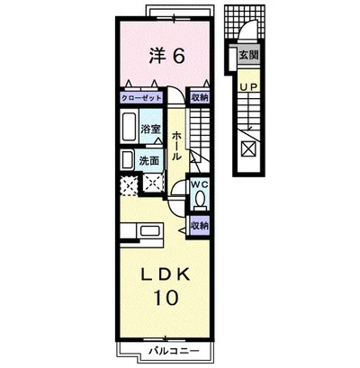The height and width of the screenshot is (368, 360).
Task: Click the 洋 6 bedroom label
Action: (x=166, y=56)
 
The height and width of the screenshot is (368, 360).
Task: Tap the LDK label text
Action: (x=166, y=274)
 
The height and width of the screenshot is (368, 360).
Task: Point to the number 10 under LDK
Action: (x=166, y=298)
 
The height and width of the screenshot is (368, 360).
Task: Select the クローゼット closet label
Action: (x=141, y=98)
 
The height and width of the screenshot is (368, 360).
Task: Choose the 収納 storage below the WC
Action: (x=200, y=226)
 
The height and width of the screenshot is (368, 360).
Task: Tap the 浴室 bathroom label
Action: (x=150, y=130)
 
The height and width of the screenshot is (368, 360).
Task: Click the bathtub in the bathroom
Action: (x=129, y=126)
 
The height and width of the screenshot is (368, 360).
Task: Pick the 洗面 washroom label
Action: (x=148, y=161)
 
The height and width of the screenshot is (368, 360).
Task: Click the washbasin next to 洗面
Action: (x=127, y=160)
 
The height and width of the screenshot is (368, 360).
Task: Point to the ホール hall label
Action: (x=176, y=146)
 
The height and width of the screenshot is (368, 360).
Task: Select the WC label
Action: (x=200, y=185)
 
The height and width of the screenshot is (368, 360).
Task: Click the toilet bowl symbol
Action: (x=200, y=199)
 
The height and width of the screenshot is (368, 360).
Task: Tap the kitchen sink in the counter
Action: (x=150, y=231)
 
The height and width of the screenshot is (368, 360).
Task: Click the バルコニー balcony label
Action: (x=174, y=351)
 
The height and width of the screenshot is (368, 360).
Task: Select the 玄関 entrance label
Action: (x=248, y=55)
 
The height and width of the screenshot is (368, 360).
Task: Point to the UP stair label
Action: (x=248, y=87)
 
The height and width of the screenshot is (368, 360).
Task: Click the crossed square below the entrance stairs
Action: (x=249, y=148)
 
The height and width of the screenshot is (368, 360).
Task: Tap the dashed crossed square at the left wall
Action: (x=129, y=185)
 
